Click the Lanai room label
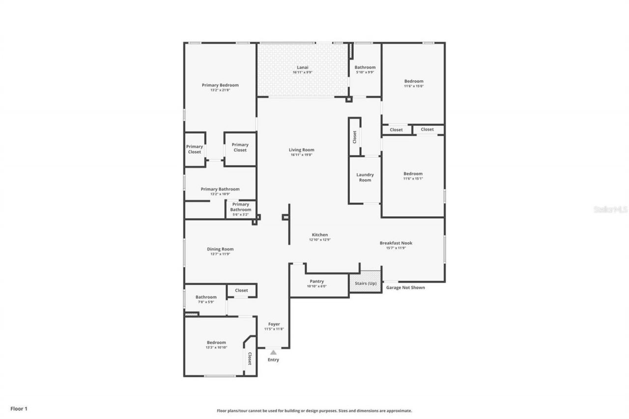302,67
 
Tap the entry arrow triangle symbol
273,352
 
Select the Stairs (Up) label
366,283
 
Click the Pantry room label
317,281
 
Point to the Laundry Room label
365,177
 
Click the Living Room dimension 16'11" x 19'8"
302,155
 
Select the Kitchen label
320,235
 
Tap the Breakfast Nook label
396,243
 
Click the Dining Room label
220,249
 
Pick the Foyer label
274,324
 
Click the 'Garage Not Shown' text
405,287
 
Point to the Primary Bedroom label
220,85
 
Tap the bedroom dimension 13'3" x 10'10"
216,348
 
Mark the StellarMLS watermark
610,209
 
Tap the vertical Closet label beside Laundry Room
355,137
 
